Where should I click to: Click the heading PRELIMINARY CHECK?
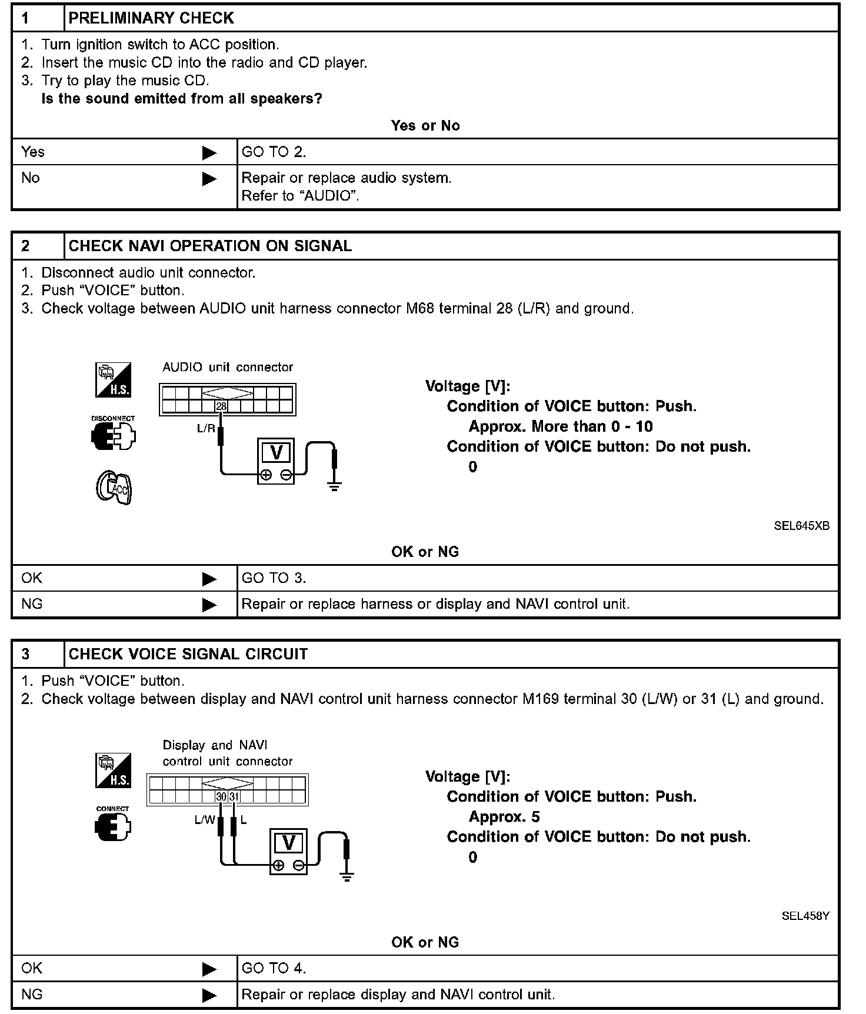coord(151,18)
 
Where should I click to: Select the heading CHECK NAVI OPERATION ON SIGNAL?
coord(210,246)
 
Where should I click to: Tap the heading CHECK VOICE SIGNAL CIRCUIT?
coord(188,654)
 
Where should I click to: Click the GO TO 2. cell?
coord(274,152)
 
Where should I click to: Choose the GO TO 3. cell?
coord(274,578)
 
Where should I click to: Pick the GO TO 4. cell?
coord(274,968)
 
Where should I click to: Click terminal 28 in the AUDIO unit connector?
coord(221,406)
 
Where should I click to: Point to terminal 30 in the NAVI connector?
coord(221,797)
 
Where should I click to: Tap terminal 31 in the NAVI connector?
coord(234,797)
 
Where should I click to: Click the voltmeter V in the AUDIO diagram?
coord(276,453)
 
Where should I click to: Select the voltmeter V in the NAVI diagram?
coord(288,843)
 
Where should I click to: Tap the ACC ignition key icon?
coord(114,487)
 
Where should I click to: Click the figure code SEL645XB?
coord(801,526)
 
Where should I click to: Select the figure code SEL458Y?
coord(805,916)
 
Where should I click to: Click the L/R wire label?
coord(206,429)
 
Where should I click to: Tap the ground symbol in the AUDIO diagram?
coord(335,486)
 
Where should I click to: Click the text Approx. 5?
coord(504,817)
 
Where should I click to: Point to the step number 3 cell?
coord(26,654)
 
